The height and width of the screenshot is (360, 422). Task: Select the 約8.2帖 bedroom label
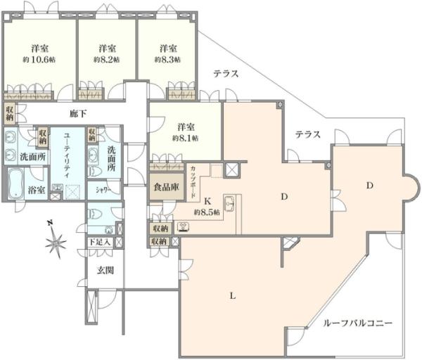pyautogui.click(x=107, y=59)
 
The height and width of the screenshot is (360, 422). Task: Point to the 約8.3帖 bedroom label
pyautogui.click(x=167, y=59)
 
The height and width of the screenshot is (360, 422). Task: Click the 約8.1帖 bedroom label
pyautogui.click(x=186, y=138)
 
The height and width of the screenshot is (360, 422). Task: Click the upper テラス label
pyautogui.click(x=226, y=73)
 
